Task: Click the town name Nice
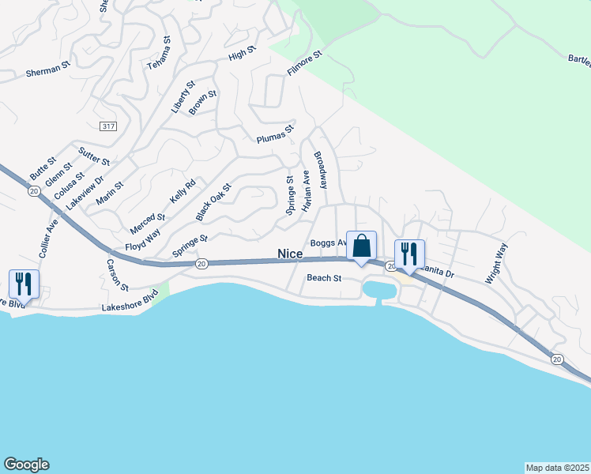pos(290,254)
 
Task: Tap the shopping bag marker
pos(362,246)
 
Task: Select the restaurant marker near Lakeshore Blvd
pos(22,284)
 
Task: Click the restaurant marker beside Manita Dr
pos(409,254)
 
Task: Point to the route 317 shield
pos(110,126)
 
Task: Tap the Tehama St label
pos(159,52)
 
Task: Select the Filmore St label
pos(305,64)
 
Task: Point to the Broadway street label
pos(320,170)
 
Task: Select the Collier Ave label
pos(48,238)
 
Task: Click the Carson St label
pos(116,273)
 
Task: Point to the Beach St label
pos(323,278)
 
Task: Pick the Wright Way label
pos(495,263)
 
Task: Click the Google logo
pos(26,465)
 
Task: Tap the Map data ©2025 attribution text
pos(557,467)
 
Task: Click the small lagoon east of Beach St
pos(378,291)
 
